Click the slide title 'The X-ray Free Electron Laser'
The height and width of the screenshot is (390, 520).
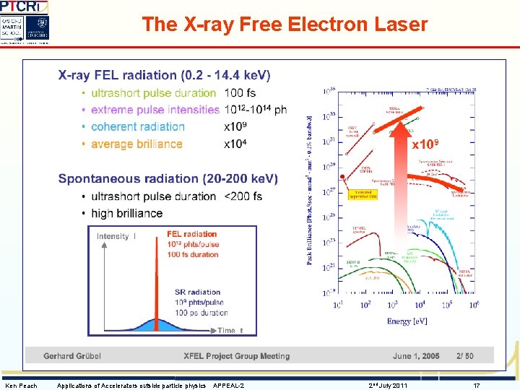[x=285, y=25]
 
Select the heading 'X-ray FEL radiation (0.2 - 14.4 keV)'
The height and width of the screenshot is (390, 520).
[x=164, y=75]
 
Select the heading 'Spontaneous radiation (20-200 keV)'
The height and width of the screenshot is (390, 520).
[x=168, y=178]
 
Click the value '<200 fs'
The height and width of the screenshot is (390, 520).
[x=243, y=196]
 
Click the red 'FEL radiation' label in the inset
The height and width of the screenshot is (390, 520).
[x=191, y=234]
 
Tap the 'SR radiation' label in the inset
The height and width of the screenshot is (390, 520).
[x=197, y=292]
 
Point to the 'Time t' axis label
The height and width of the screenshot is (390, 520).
[x=230, y=330]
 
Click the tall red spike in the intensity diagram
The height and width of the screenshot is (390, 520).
[x=157, y=289]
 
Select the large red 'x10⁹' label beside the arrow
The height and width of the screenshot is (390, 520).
[x=426, y=145]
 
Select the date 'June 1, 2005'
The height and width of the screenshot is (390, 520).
[x=416, y=356]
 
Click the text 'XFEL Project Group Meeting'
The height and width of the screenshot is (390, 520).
[x=237, y=356]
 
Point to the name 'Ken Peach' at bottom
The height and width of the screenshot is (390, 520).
[x=21, y=386]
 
